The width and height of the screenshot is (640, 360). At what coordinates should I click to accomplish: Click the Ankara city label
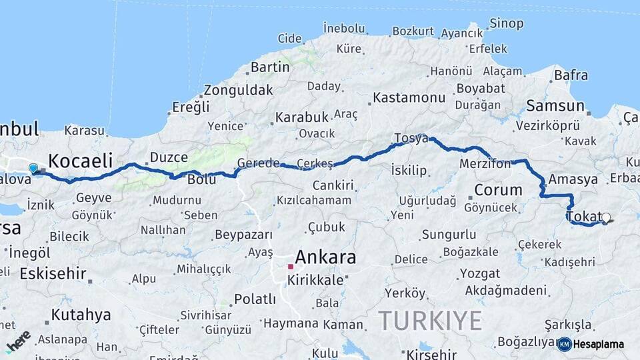coord(325,257)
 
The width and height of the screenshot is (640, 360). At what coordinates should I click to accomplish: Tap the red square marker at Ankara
coord(291,267)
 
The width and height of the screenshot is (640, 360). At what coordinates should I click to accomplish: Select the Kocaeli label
coord(80,160)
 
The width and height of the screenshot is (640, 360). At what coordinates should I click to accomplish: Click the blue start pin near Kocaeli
coord(33,168)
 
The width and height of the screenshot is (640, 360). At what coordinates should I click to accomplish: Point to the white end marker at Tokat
coord(605,217)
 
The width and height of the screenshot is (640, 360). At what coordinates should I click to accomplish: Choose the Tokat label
coord(583,216)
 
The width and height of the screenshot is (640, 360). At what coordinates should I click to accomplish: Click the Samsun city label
coord(555,105)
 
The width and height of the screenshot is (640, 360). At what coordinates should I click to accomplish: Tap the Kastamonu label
coord(409,97)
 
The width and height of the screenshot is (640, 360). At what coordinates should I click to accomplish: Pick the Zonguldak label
coord(239,89)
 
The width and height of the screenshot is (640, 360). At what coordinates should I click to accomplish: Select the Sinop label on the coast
coord(506,24)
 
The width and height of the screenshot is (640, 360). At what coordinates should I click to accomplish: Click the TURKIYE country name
coord(430,321)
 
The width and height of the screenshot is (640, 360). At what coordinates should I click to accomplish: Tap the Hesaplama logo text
coord(599,344)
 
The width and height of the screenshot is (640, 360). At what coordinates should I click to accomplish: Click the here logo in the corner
coord(18,341)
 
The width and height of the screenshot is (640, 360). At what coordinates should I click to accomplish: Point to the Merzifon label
coord(485,163)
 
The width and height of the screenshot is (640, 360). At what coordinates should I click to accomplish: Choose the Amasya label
coord(573,179)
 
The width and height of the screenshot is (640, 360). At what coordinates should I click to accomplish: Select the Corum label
coord(498,190)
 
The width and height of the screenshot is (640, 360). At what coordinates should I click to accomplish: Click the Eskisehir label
coord(53,273)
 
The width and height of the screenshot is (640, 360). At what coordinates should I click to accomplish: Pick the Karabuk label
coord(302,117)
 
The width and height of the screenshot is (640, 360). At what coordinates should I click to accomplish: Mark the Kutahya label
coord(81,314)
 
